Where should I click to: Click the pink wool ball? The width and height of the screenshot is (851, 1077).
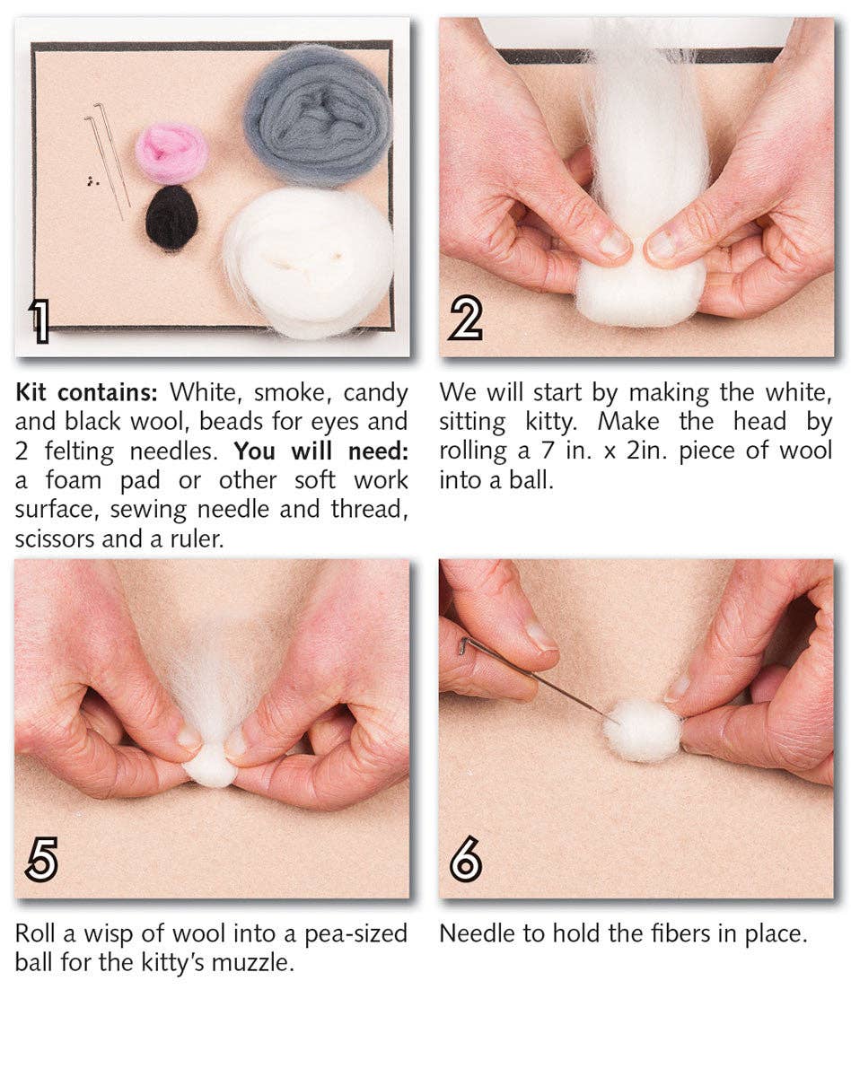coord(171,153)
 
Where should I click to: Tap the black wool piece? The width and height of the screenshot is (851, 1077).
coord(171,217)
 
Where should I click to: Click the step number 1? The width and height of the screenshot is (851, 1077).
coord(39,321)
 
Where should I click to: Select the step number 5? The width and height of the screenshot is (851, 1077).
coord(41,861)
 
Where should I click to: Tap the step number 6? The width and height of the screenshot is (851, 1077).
coord(465,861)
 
